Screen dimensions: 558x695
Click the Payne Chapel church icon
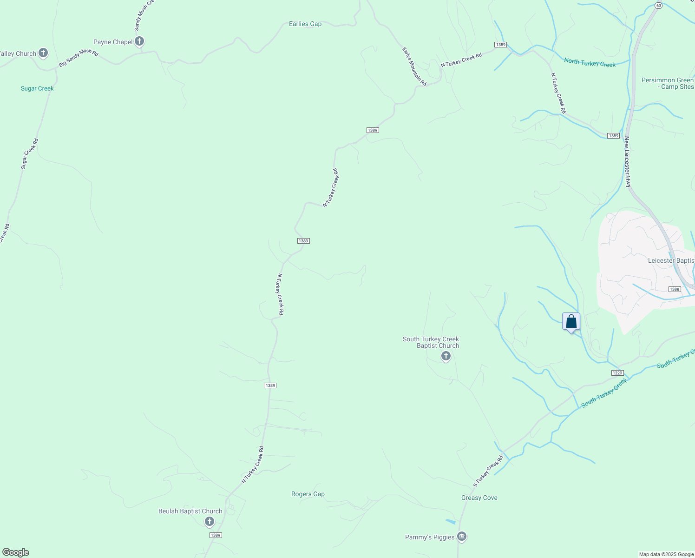click(x=139, y=41)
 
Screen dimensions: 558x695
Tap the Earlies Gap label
click(x=305, y=24)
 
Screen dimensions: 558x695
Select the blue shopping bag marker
click(x=571, y=322)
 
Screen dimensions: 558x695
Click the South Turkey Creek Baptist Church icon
click(x=446, y=356)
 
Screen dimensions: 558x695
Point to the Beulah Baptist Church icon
click(x=210, y=521)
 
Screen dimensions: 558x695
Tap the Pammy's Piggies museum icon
click(x=461, y=537)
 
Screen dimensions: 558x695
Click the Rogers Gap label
click(x=308, y=494)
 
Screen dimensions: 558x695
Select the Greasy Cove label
click(x=479, y=498)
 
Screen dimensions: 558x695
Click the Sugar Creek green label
click(x=37, y=88)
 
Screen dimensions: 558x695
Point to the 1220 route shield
click(x=617, y=373)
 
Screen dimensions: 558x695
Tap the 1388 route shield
click(x=675, y=289)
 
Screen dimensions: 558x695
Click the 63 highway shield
click(x=658, y=5)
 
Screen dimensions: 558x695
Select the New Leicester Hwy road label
click(x=628, y=162)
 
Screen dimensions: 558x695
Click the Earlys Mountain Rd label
click(x=414, y=66)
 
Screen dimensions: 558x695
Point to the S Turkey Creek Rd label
click(x=488, y=471)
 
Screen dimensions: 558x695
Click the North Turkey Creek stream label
click(x=590, y=62)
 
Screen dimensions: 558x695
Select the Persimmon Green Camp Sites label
click(x=668, y=83)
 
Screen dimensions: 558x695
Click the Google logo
click(x=16, y=552)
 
